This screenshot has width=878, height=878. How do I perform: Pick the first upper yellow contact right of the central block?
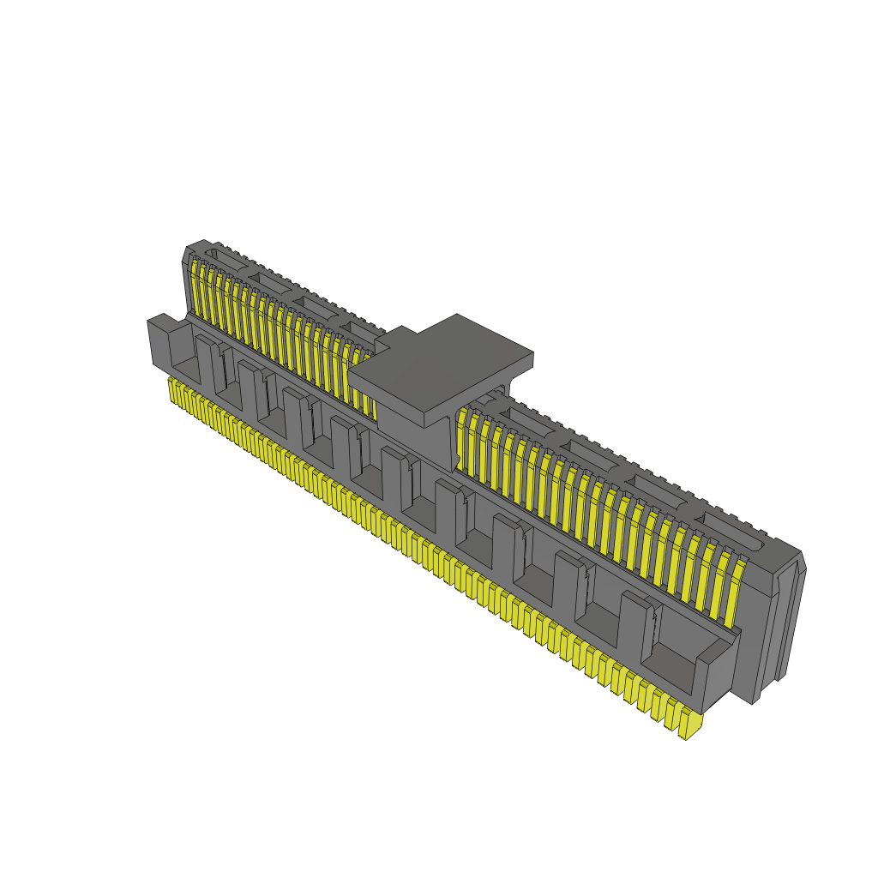click(x=462, y=437)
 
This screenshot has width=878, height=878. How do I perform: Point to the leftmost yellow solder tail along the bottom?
click(x=173, y=390)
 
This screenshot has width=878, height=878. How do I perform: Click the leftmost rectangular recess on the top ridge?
click(x=225, y=258)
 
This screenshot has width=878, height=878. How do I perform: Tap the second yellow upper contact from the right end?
click(x=717, y=583)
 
